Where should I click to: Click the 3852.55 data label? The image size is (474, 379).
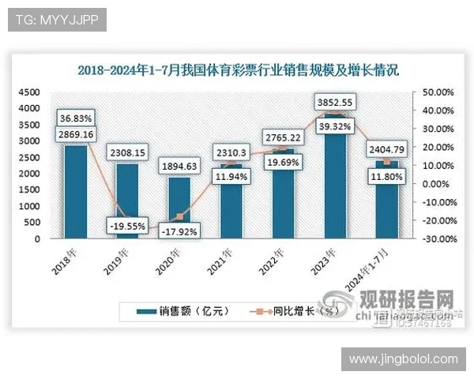(335, 102)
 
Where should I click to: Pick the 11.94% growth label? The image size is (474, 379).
(231, 176)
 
